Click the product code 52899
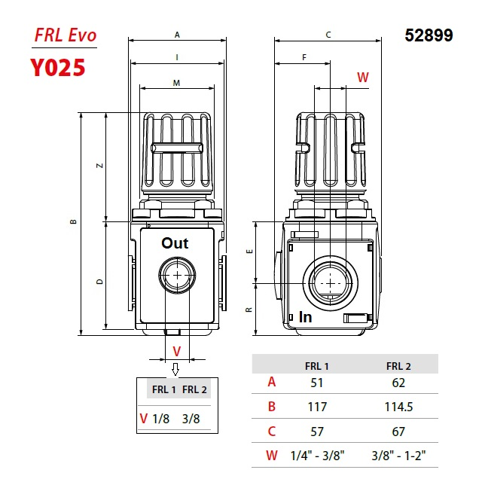(429, 35)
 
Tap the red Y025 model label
(58, 68)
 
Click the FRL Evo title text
(66, 35)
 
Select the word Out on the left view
(175, 243)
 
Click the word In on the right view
(306, 317)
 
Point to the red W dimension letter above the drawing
(362, 77)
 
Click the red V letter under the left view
(177, 351)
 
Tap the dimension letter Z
(100, 166)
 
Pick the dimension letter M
(176, 83)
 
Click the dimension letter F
(304, 57)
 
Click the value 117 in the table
(317, 407)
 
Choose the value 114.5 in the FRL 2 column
(398, 407)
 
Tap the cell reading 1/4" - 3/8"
(317, 456)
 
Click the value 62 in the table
(398, 382)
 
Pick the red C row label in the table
(272, 432)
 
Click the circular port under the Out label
(177, 276)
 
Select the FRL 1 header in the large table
(317, 366)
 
